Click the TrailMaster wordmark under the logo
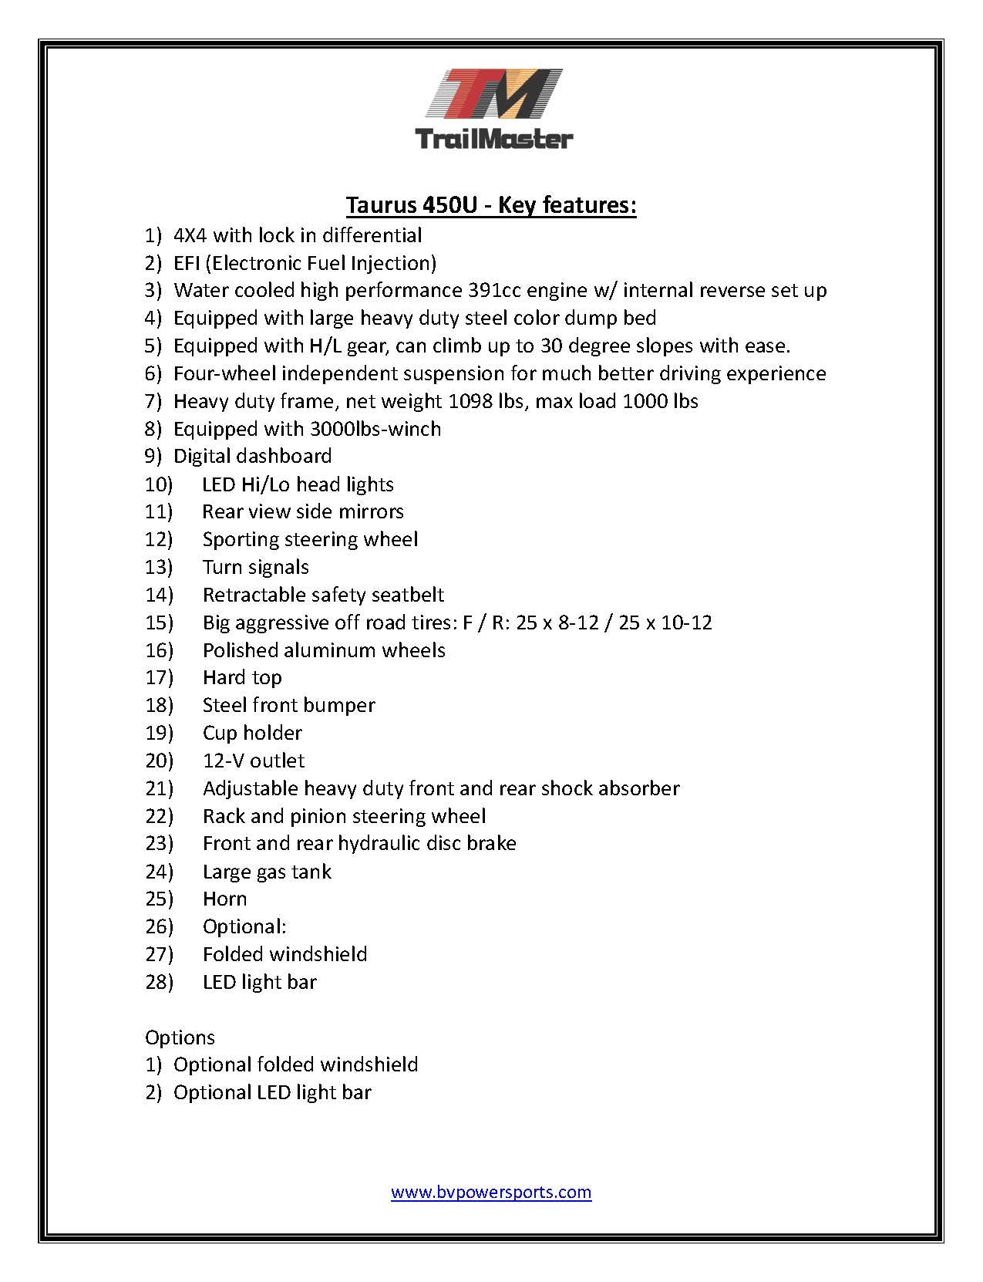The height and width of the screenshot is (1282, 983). click(x=494, y=139)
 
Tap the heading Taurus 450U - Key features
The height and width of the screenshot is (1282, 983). click(x=491, y=205)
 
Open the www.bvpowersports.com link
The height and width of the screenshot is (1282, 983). click(x=491, y=1192)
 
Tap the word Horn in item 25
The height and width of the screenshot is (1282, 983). click(x=224, y=899)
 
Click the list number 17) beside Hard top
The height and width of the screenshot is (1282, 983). click(x=159, y=677)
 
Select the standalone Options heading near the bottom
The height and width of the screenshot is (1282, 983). click(x=180, y=1037)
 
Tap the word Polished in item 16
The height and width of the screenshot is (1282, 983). click(x=240, y=650)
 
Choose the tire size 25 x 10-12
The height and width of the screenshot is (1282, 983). click(x=665, y=622)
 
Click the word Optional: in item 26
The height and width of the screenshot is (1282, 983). click(x=244, y=926)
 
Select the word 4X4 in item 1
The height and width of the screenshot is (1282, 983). click(x=190, y=235)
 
